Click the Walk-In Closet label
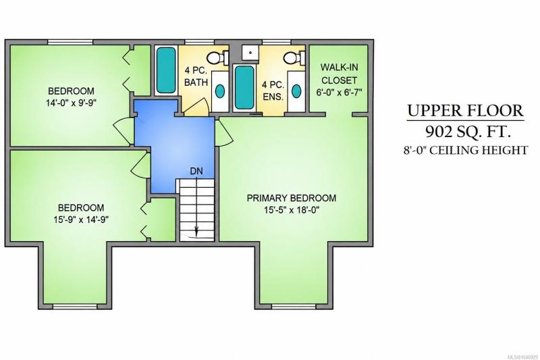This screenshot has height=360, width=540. [x=339, y=74]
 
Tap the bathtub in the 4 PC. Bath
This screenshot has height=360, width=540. [x=166, y=70]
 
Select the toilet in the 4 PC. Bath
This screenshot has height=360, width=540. [x=217, y=57]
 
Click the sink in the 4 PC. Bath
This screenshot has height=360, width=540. [x=220, y=91]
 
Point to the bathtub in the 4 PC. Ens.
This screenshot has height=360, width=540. [x=244, y=88]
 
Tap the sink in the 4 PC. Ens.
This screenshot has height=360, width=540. [x=296, y=91]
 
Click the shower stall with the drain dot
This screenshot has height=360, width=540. [x=250, y=53]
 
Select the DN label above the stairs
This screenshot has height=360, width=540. [x=196, y=171]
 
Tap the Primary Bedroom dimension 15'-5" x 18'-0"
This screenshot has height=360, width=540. [x=292, y=210]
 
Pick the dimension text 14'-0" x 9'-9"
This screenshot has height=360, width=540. [x=71, y=103]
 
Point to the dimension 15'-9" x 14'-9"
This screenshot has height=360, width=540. [x=81, y=220]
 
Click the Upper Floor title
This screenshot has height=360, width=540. [x=466, y=111]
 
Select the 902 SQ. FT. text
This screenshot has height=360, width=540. [x=467, y=131]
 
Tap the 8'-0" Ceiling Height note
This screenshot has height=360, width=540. [x=466, y=151]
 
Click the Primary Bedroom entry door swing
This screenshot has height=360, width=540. [x=224, y=132]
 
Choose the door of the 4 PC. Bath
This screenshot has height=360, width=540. [x=195, y=106]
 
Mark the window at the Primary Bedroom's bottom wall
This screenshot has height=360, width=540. [x=294, y=306]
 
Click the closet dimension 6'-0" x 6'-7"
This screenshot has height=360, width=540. [x=339, y=93]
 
